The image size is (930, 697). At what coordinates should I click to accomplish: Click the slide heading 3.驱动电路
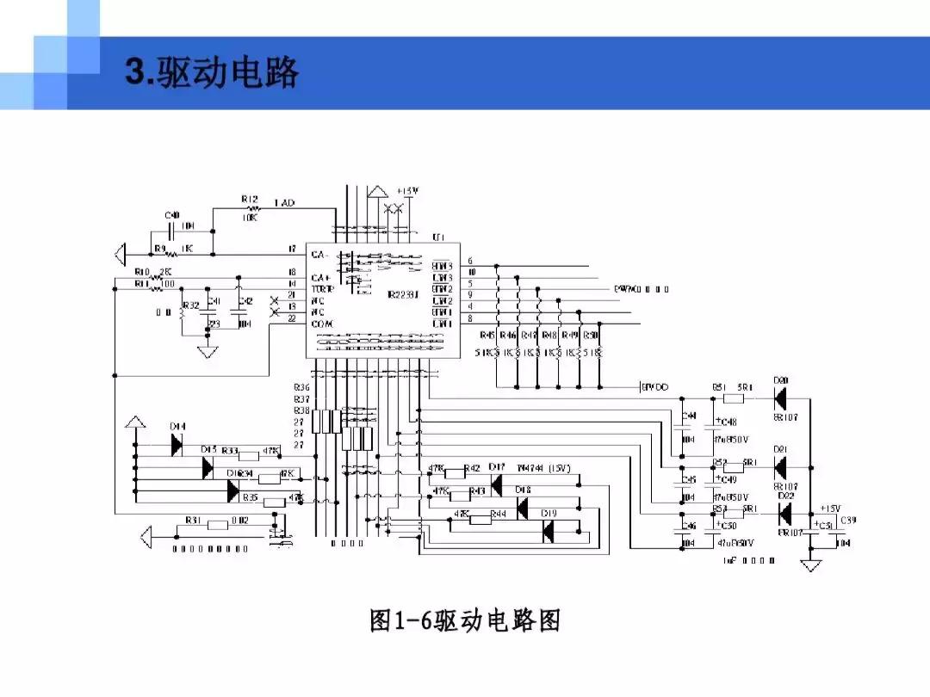click(212, 73)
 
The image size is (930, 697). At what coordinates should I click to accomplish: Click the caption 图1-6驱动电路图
click(465, 620)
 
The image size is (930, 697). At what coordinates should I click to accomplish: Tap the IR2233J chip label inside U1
click(403, 294)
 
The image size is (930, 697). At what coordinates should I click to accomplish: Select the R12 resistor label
click(250, 199)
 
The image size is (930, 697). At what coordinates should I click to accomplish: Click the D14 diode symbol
click(177, 445)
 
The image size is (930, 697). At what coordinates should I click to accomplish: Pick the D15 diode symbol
click(208, 467)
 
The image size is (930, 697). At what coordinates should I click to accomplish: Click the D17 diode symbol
click(496, 486)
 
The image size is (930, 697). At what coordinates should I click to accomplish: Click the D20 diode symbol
click(781, 398)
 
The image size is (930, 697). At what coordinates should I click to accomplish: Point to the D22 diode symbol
click(784, 514)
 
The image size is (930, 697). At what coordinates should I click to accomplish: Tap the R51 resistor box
click(733, 398)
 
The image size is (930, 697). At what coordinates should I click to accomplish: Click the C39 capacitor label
click(847, 521)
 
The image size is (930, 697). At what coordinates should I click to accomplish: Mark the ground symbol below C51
click(810, 564)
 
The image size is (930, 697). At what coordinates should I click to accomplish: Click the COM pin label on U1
click(322, 324)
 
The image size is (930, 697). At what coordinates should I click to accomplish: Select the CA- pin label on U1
click(320, 256)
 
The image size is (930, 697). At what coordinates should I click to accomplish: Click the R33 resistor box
click(248, 456)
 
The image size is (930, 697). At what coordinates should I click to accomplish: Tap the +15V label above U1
click(407, 191)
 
